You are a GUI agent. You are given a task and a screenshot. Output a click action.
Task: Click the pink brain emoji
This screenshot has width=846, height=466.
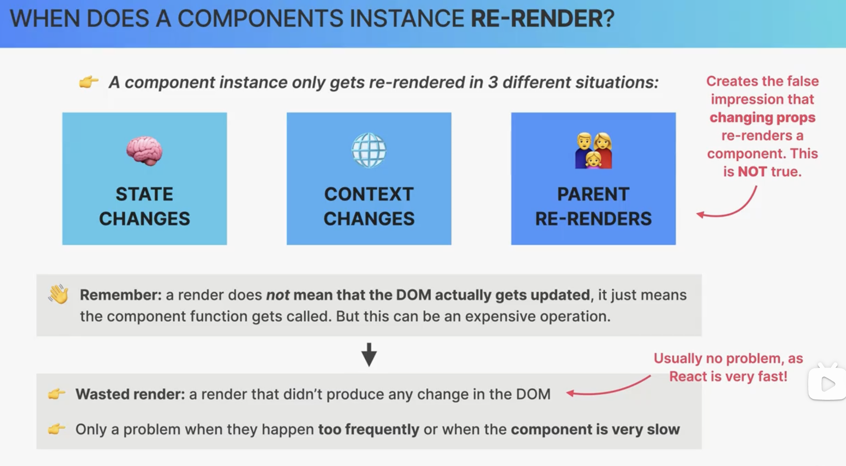(144, 150)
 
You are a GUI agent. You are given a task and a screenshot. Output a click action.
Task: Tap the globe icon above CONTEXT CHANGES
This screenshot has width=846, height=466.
(369, 150)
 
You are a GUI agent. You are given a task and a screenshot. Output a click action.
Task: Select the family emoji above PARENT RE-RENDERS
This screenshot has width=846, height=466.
(594, 150)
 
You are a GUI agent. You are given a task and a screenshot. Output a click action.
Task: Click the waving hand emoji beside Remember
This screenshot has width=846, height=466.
(58, 294)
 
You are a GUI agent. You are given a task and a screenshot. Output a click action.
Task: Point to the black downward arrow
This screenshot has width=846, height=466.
(369, 354)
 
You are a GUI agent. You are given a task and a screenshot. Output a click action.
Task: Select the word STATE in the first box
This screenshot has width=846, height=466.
(144, 194)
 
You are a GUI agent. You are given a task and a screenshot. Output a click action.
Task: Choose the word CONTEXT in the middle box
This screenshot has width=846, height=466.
(369, 194)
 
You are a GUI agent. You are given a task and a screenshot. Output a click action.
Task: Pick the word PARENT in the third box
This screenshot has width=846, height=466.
(593, 194)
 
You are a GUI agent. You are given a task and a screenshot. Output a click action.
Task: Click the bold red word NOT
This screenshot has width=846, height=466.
(752, 172)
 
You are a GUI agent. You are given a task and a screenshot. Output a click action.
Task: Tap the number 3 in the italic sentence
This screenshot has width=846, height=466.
(492, 82)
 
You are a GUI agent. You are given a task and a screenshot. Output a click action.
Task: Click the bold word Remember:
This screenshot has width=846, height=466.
(121, 295)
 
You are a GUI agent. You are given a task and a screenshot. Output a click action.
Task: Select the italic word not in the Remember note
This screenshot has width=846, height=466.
(278, 295)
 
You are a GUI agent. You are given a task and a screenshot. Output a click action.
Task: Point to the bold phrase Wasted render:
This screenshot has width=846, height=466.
(130, 394)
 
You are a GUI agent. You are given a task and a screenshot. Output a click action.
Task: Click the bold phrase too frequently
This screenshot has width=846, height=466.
(369, 429)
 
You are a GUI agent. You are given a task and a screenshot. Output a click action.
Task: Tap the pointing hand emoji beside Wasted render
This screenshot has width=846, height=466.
(57, 394)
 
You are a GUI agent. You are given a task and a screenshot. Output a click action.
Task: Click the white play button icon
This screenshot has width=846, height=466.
(828, 384)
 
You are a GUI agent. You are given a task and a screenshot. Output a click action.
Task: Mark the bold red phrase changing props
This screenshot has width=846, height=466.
(762, 117)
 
